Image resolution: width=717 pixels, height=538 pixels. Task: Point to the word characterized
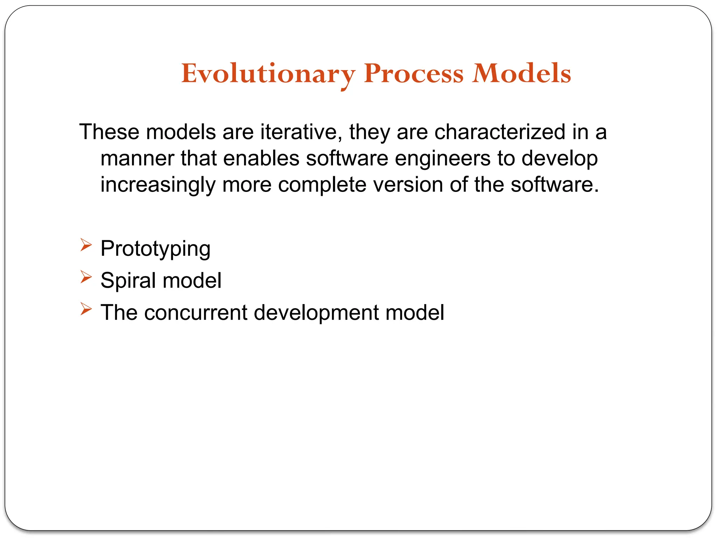click(x=500, y=132)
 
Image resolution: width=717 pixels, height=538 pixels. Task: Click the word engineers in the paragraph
click(x=443, y=158)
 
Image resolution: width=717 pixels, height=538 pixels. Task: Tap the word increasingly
click(x=158, y=185)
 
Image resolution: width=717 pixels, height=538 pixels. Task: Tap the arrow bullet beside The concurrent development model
click(x=86, y=309)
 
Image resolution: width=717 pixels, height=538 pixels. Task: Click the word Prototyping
click(x=155, y=249)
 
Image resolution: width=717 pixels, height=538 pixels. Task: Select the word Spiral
click(x=128, y=281)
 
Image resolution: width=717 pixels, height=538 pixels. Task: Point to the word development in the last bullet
click(x=316, y=313)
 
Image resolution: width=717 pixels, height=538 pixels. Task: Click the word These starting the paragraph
click(x=109, y=132)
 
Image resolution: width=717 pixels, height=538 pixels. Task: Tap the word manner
click(x=137, y=158)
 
